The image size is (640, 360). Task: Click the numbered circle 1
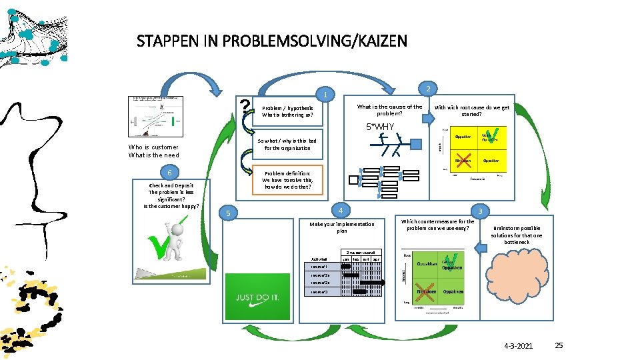coord(324,95)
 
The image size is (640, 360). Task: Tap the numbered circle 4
coord(340,209)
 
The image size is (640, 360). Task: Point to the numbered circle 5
coord(229,213)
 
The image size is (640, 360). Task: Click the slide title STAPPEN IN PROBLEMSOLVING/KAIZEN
coord(271,41)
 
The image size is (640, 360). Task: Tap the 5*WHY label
coord(380,127)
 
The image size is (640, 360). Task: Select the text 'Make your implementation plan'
coord(342,227)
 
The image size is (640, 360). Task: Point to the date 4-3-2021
coord(519,345)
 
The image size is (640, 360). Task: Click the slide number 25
coord(559,345)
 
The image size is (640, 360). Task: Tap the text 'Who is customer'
coord(153,147)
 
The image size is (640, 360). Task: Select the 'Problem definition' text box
coord(287,180)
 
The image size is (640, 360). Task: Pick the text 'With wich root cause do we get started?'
coord(471,111)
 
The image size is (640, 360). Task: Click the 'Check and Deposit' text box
coord(171,195)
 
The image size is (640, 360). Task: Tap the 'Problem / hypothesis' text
coord(287,111)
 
